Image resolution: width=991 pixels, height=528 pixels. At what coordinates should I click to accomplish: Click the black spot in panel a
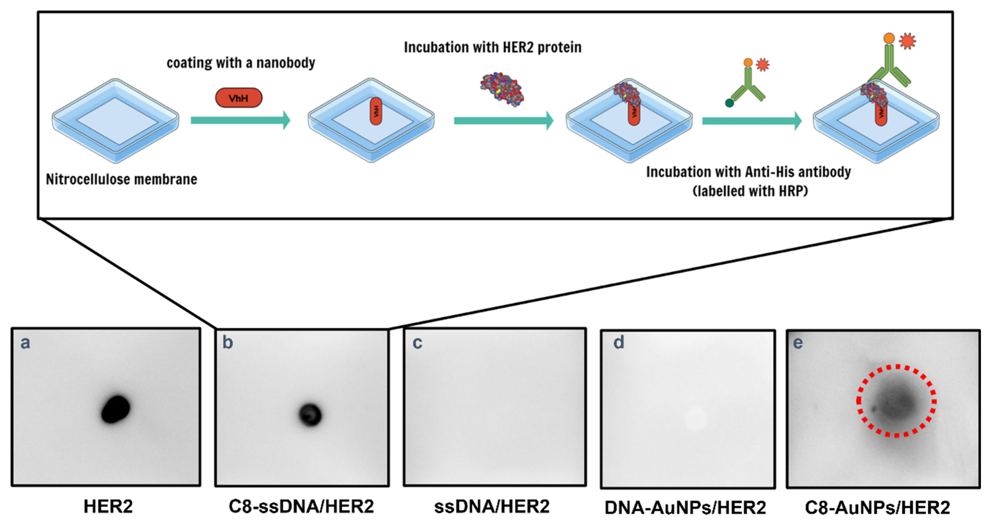coord(115,409)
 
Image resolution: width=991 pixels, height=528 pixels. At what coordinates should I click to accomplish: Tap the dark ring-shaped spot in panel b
coord(310,415)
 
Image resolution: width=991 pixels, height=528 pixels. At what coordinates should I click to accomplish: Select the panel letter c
coord(417,343)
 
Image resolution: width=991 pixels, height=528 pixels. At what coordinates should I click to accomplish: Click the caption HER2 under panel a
coord(108,506)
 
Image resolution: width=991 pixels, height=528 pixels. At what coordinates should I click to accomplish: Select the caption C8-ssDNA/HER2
coord(301,506)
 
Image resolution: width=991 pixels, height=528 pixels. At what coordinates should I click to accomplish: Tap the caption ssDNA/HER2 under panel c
coord(492,506)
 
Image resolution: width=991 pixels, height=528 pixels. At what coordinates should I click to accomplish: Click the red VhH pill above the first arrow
coord(238,98)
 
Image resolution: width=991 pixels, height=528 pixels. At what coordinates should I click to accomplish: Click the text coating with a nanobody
coord(241,63)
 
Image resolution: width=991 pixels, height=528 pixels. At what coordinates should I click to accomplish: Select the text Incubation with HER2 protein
coord(492,47)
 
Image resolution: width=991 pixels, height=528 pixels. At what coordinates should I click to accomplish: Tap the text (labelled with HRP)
coord(750,191)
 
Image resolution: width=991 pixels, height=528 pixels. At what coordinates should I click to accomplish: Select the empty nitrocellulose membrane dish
coord(116,120)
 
